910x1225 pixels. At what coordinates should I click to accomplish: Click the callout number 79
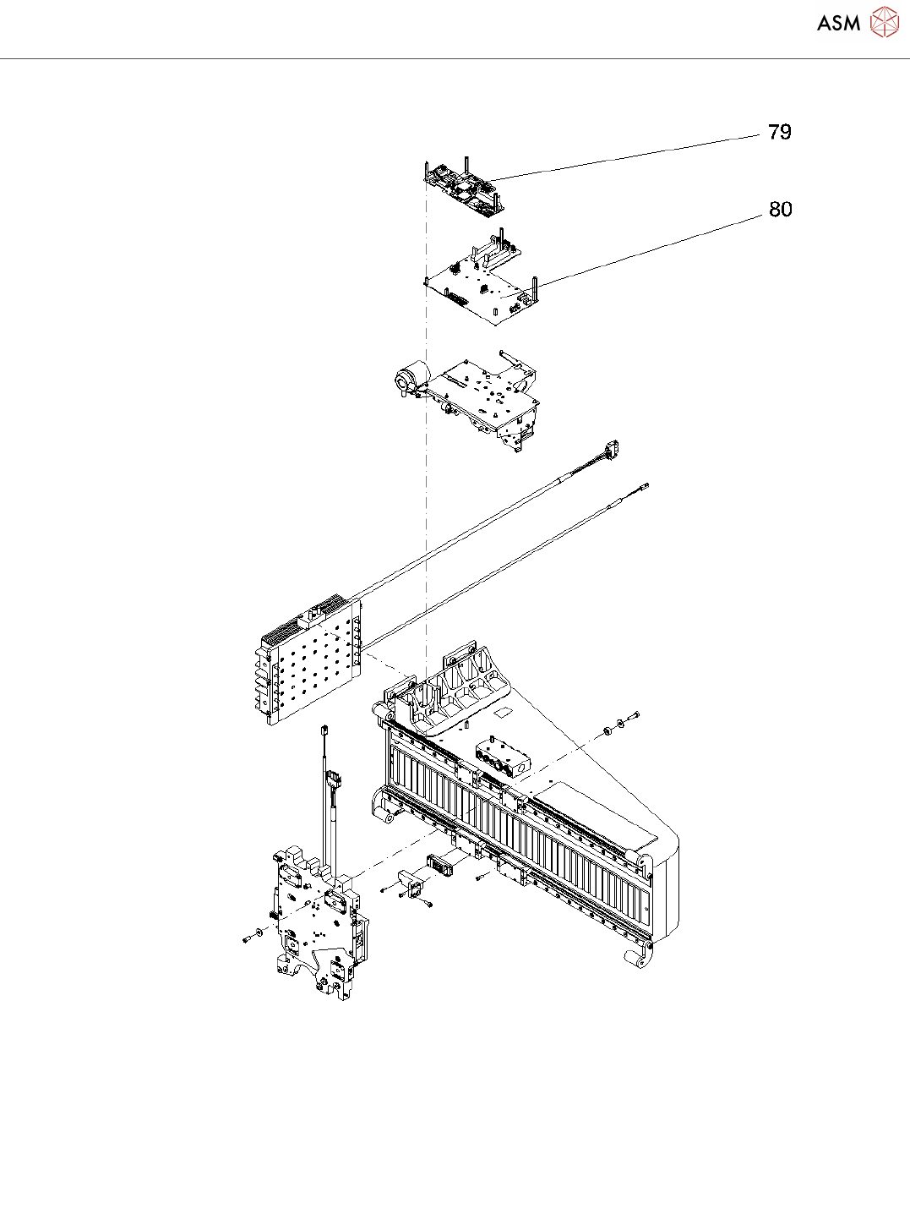779,132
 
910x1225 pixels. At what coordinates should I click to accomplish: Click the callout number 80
780,209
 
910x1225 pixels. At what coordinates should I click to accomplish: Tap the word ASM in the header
838,24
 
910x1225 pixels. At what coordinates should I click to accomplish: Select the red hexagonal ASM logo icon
885,23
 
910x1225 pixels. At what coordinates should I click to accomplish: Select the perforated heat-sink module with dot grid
308,659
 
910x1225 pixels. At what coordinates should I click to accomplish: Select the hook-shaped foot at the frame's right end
640,955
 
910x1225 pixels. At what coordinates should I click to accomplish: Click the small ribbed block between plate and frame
440,863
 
